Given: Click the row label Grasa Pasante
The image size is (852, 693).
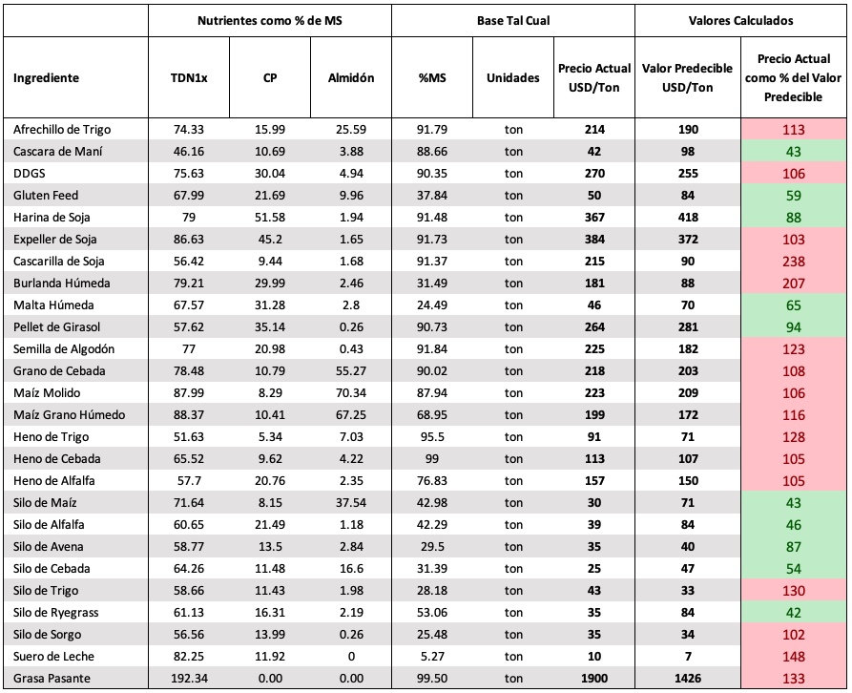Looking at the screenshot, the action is [52, 679].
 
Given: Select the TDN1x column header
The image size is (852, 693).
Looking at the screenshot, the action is [189, 77].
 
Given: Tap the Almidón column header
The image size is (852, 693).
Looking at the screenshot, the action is [351, 77].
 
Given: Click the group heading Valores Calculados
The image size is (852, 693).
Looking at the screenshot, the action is [740, 21].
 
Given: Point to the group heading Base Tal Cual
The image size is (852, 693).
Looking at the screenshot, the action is [513, 21].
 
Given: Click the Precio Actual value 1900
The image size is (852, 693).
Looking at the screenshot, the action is [593, 679].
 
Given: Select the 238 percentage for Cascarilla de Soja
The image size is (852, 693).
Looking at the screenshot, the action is [793, 262].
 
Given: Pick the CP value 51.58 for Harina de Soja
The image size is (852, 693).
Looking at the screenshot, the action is [270, 218].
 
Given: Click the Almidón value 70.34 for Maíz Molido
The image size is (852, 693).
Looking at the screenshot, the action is [351, 393].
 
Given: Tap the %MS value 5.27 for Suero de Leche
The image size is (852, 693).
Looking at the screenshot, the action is [432, 657].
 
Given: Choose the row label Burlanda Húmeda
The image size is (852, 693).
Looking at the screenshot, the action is [61, 283].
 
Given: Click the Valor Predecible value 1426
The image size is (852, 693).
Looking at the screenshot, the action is [687, 679].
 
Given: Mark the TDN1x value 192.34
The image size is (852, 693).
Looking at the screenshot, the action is [189, 679].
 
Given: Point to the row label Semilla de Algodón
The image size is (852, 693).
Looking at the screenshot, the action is [64, 349].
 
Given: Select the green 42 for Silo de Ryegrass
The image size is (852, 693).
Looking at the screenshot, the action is [793, 613].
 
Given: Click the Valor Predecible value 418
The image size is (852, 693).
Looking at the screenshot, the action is [687, 218].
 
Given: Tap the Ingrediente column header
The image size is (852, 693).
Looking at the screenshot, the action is [46, 77].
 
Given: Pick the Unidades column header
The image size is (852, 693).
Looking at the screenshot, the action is [513, 77].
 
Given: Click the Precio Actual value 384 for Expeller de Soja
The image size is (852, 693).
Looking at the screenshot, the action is [593, 240].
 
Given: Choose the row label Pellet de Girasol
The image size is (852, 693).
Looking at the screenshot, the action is [56, 327].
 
